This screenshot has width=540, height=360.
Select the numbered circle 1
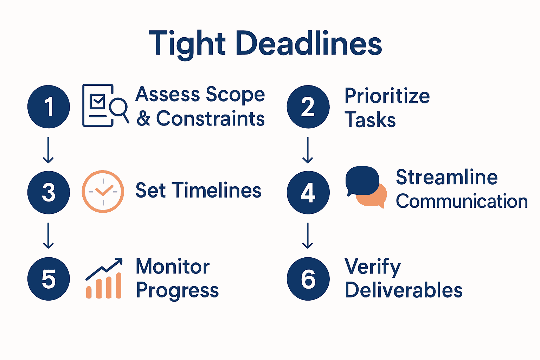49,107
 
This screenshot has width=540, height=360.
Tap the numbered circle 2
308,107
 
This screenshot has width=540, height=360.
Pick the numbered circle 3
49,192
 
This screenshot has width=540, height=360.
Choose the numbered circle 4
308,192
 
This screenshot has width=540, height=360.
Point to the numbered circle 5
49,279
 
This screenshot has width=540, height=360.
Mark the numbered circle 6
308,279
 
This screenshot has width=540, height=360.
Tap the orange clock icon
103,192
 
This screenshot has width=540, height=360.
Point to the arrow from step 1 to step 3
48,150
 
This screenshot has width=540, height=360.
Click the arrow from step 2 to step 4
308,150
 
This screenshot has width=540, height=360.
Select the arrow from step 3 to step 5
48,236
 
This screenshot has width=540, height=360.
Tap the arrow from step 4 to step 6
308,236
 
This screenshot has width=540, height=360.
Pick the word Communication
462,201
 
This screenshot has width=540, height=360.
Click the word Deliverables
403,290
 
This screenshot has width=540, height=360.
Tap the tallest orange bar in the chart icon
118,286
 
